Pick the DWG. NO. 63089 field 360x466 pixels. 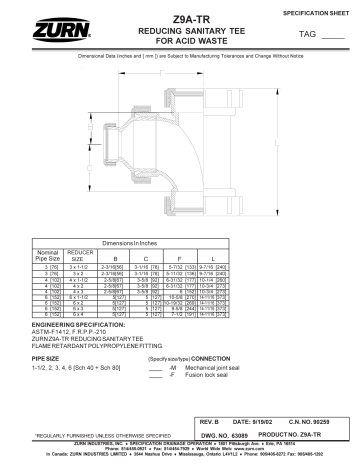pyautogui.click(x=235, y=436)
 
